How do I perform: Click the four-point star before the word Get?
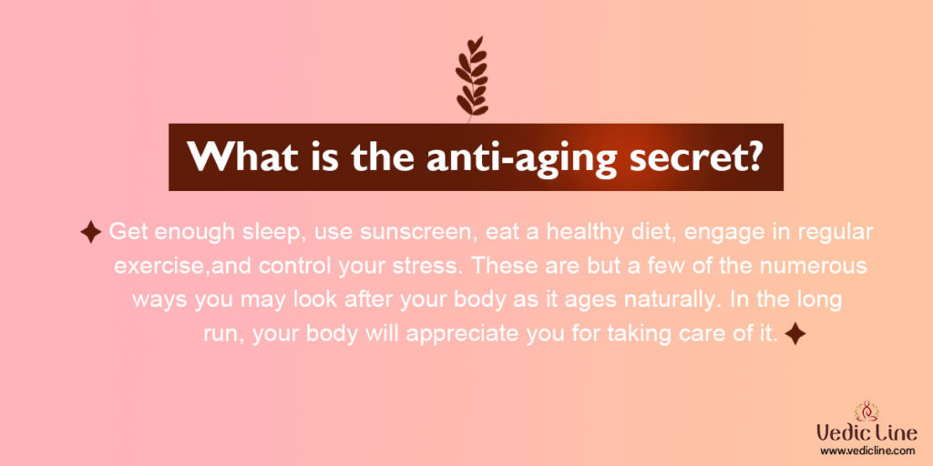[90, 232]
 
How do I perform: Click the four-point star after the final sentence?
[795, 334]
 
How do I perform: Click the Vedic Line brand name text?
[866, 432]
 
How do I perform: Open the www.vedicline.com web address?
[866, 451]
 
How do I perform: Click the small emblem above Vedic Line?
[866, 410]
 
